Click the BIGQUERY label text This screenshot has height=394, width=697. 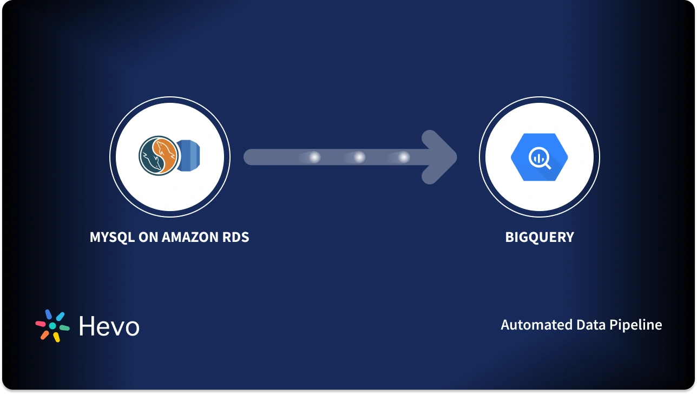(x=539, y=237)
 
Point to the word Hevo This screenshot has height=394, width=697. (x=109, y=326)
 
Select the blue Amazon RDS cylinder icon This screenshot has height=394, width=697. (x=189, y=157)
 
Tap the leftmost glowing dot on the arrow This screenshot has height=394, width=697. (x=314, y=157)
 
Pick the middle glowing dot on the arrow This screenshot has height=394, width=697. (x=359, y=157)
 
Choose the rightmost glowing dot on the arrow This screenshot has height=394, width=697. (x=404, y=157)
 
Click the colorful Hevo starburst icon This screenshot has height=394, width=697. (x=52, y=326)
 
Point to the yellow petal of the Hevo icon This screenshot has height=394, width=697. (x=56, y=337)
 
